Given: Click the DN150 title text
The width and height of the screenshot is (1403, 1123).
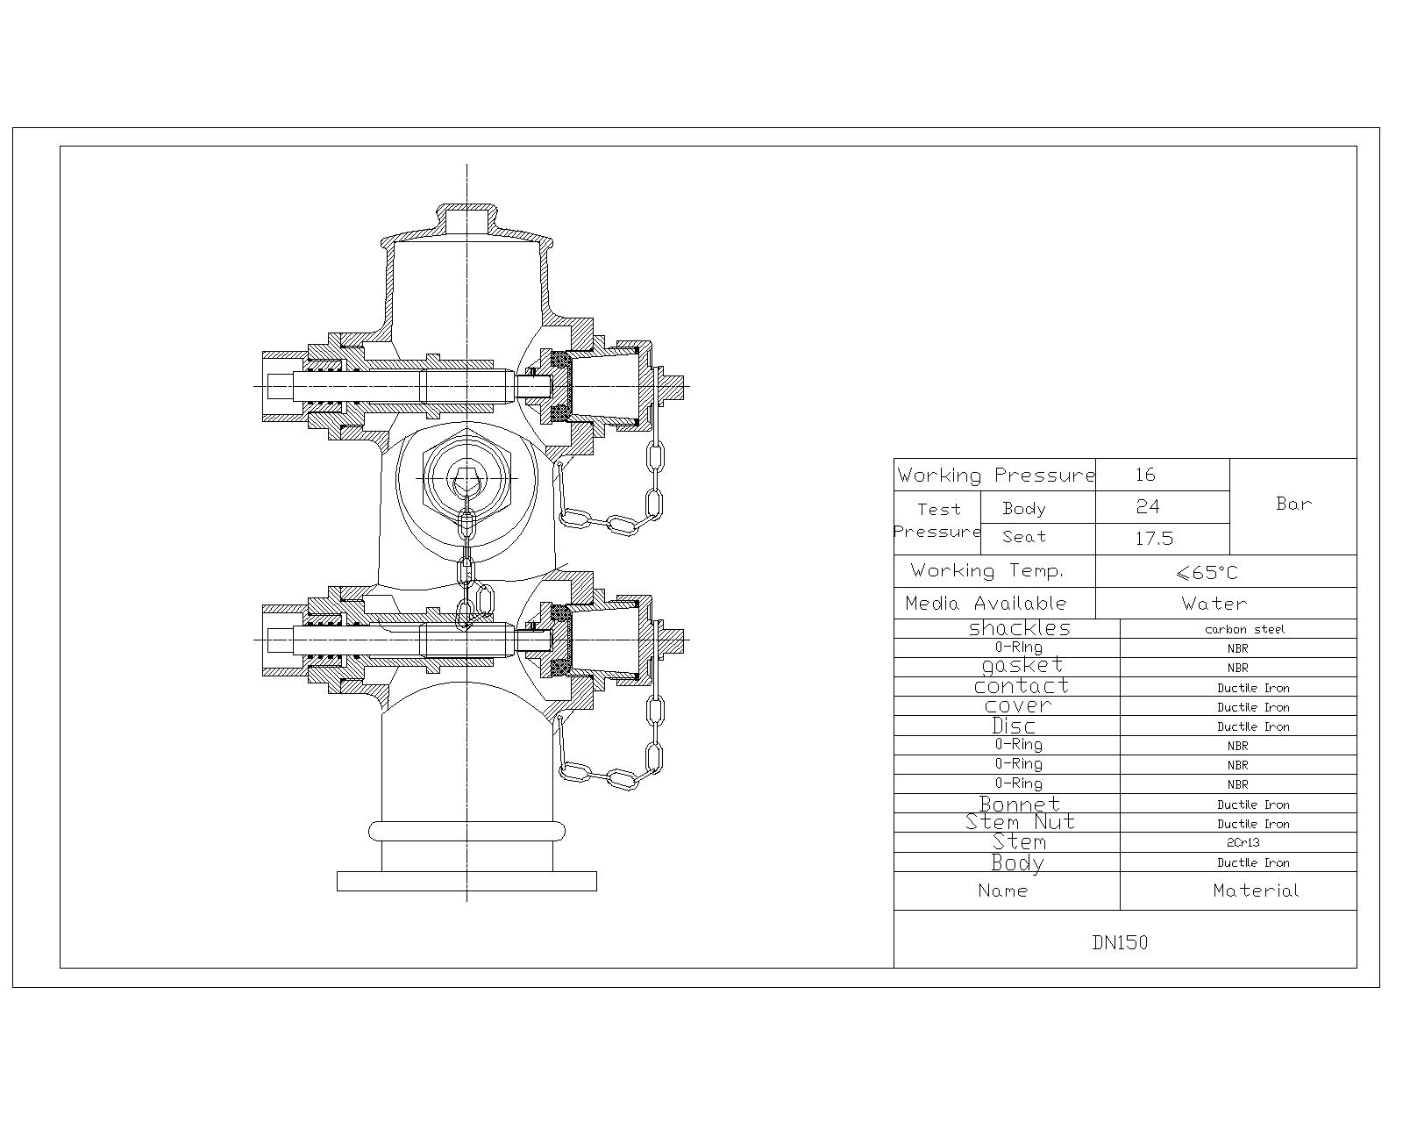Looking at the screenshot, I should pyautogui.click(x=1120, y=943).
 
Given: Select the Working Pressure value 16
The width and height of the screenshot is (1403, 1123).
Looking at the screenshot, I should pyautogui.click(x=1145, y=475).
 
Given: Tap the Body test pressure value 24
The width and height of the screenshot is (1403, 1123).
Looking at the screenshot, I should pyautogui.click(x=1147, y=506).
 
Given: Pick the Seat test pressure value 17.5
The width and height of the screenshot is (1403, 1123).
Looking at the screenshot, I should pyautogui.click(x=1154, y=539).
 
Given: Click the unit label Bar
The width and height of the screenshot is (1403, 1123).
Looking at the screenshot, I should pyautogui.click(x=1293, y=504).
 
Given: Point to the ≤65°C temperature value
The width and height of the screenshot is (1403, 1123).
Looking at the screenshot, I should pyautogui.click(x=1207, y=573).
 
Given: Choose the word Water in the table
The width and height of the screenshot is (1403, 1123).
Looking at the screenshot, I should pyautogui.click(x=1214, y=604).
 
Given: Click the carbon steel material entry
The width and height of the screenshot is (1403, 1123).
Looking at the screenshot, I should pyautogui.click(x=1244, y=629).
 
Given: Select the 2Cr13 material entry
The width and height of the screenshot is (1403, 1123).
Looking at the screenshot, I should pyautogui.click(x=1243, y=842).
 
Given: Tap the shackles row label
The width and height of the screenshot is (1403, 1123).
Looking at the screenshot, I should pyautogui.click(x=1020, y=628).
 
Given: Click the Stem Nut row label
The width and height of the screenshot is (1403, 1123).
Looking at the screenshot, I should pyautogui.click(x=1020, y=822).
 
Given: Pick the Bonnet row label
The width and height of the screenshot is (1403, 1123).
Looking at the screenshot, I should pyautogui.click(x=1020, y=804).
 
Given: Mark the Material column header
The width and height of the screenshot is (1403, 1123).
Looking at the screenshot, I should pyautogui.click(x=1256, y=891).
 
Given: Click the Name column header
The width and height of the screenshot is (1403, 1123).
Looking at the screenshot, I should pyautogui.click(x=1002, y=891).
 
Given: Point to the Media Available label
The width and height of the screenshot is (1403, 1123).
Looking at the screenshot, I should pyautogui.click(x=986, y=604).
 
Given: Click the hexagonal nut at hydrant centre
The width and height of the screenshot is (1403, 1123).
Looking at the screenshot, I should pyautogui.click(x=466, y=478).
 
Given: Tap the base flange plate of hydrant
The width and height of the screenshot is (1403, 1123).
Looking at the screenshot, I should pyautogui.click(x=466, y=881).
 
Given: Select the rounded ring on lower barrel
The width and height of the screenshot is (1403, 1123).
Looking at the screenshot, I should pyautogui.click(x=466, y=831).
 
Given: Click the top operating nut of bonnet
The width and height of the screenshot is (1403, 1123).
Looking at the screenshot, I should pyautogui.click(x=466, y=218).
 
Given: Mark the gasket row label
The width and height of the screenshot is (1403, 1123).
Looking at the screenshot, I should pyautogui.click(x=1022, y=666).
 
